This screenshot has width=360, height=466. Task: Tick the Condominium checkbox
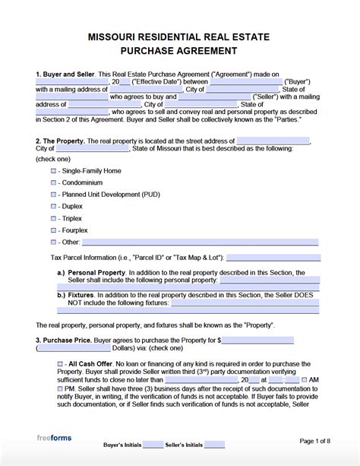(x=53, y=183)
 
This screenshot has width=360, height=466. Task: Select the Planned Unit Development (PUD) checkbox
(x=53, y=195)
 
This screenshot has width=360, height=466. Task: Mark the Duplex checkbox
(x=53, y=206)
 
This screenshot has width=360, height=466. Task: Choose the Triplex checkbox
(x=53, y=217)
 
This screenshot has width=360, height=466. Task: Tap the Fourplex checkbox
(x=53, y=229)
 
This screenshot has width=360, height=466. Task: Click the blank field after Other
(x=200, y=241)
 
